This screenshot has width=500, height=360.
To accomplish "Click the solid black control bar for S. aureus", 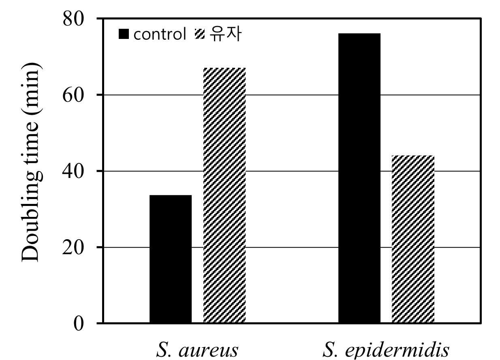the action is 171,259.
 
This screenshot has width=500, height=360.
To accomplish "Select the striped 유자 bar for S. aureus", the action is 224,195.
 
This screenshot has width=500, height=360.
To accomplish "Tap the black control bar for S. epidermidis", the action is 359,178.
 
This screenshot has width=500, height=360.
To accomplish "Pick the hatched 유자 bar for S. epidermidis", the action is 413,239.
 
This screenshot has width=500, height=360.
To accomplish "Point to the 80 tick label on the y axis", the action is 73,19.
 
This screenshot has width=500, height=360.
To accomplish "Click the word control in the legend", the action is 160,34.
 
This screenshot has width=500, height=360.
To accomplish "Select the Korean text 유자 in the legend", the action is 226,34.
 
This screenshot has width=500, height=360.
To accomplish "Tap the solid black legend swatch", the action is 124,34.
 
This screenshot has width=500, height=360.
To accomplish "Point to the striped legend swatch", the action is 200,34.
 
